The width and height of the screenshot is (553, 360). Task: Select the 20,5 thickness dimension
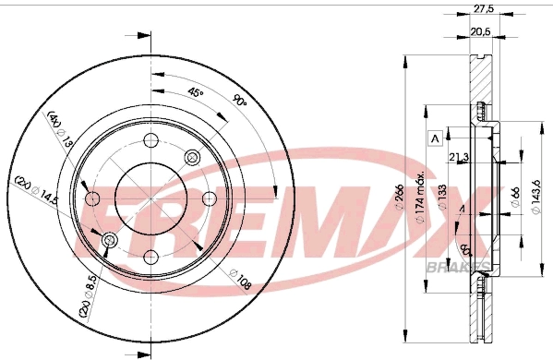coord(480,32)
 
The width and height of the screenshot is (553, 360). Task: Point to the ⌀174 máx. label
coord(421,198)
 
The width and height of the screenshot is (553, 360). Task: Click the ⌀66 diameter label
coord(515,197)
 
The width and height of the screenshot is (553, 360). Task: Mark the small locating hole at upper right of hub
coord(192,156)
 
